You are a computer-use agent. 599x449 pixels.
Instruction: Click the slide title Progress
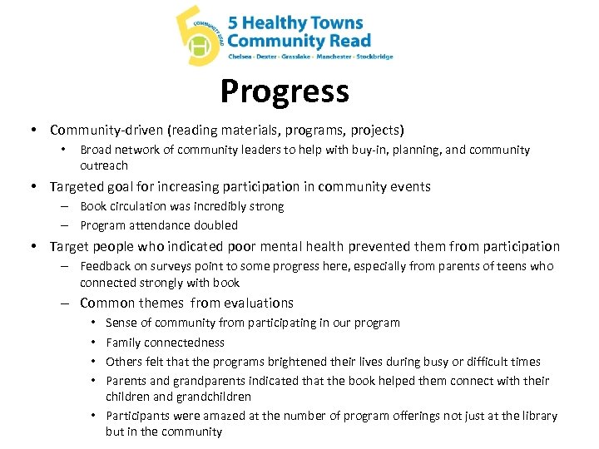pyautogui.click(x=285, y=91)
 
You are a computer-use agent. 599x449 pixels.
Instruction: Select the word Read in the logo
pyautogui.click(x=350, y=40)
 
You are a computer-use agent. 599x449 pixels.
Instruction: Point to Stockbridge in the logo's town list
pyautogui.click(x=374, y=57)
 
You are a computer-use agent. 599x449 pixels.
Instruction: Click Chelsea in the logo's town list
pyautogui.click(x=241, y=57)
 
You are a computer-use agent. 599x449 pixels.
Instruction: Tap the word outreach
pyautogui.click(x=104, y=165)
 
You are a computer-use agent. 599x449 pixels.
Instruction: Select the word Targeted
pyautogui.click(x=77, y=186)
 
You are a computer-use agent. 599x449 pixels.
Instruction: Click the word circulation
pyautogui.click(x=142, y=206)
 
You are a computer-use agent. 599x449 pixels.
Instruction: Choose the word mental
pyautogui.click(x=279, y=246)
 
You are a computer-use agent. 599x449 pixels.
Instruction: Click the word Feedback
pyautogui.click(x=106, y=266)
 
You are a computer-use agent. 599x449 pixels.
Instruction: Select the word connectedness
pyautogui.click(x=184, y=343)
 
